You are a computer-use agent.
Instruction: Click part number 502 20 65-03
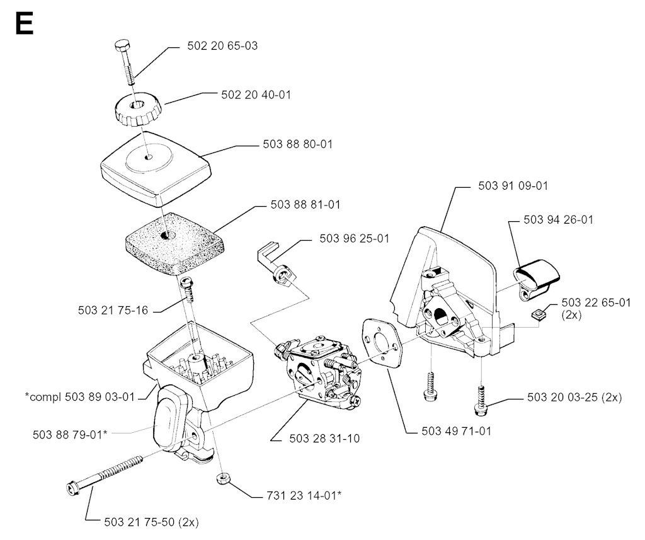(222, 46)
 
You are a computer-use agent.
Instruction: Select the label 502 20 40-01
(256, 94)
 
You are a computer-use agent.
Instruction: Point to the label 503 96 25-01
(354, 238)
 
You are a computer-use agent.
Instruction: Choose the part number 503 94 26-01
(559, 220)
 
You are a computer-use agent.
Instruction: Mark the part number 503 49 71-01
(457, 432)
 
